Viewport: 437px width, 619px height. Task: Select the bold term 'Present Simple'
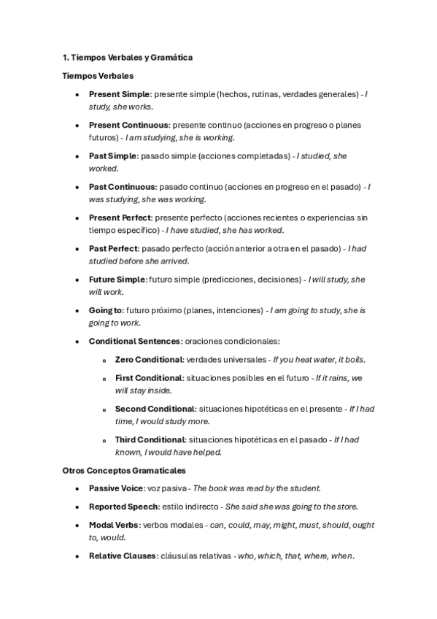119,94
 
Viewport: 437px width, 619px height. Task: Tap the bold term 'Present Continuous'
128,125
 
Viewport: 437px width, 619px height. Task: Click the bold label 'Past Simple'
112,155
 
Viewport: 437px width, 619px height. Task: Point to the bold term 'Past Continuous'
122,187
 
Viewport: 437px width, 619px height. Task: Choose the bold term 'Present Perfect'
120,218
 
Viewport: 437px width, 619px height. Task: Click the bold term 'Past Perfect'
113,248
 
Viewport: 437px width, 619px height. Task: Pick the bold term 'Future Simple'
117,279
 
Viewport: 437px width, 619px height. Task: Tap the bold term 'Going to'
106,310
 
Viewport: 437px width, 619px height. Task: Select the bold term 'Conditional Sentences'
134,341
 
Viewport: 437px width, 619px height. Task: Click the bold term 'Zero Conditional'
148,360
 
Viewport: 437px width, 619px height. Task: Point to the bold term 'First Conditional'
148,378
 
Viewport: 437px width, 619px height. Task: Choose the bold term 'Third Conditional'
149,439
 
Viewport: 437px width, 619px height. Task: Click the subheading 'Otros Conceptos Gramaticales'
124,471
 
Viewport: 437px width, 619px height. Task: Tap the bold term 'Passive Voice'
115,488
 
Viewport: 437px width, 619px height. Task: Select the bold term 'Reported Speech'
122,507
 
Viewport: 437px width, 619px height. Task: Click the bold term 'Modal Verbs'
113,525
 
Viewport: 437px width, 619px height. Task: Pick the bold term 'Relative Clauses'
122,555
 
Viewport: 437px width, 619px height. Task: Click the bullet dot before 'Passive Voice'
77,488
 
